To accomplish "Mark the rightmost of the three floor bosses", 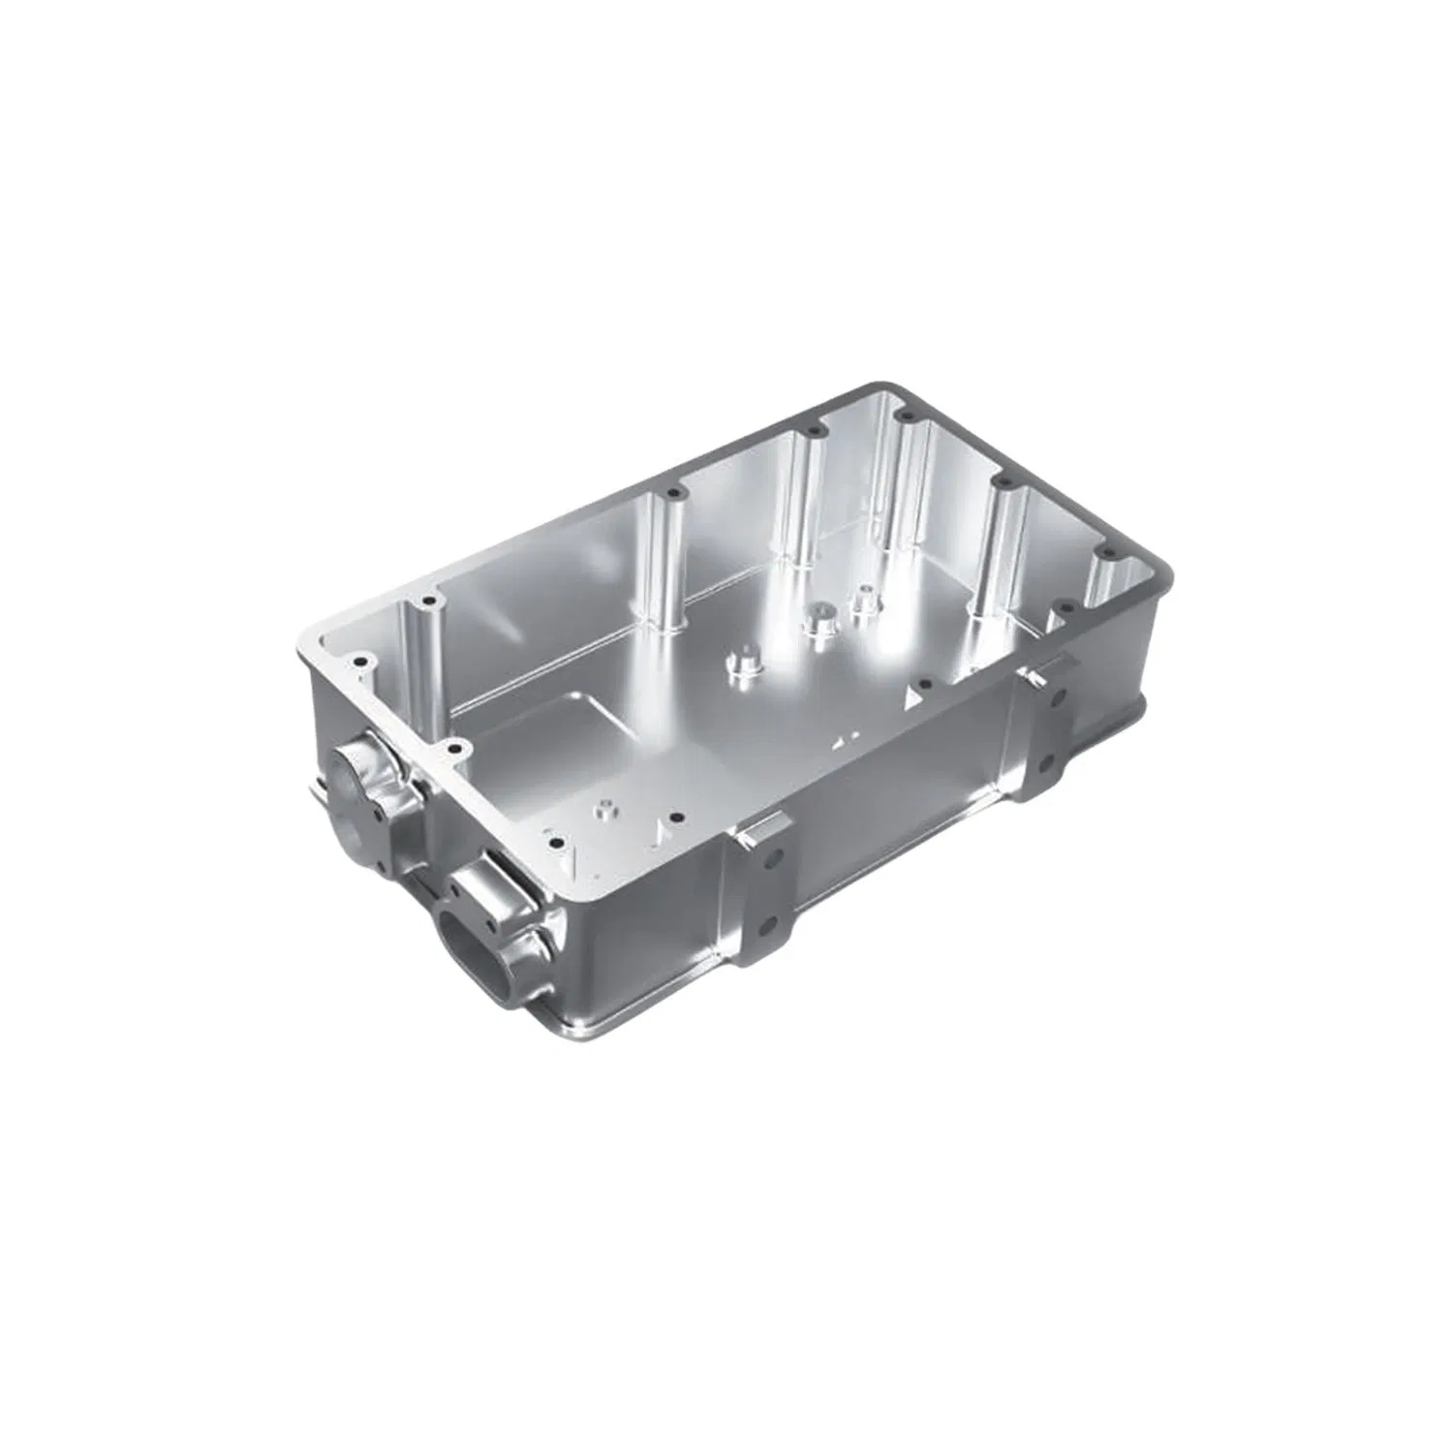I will (864, 600).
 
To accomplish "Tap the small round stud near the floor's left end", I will (605, 806).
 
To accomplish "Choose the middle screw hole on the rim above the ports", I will (452, 749).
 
